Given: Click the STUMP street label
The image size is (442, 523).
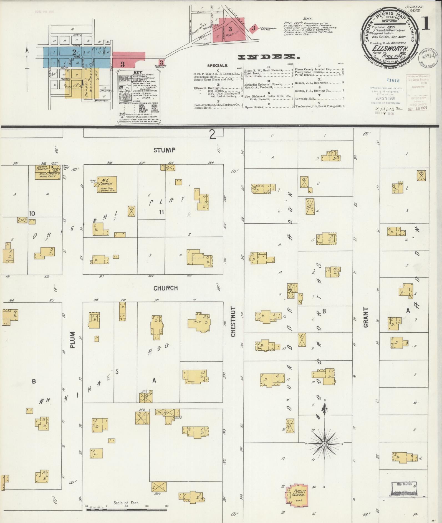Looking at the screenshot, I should (x=165, y=150).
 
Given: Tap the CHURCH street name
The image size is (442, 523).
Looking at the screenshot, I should (x=166, y=288).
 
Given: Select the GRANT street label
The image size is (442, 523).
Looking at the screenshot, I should (x=366, y=317).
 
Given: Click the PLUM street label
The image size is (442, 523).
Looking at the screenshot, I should (x=73, y=340).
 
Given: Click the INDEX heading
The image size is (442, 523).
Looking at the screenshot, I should (x=269, y=57).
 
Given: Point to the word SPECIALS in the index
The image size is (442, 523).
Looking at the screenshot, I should (x=218, y=66).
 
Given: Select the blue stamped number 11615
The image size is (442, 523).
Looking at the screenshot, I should (x=393, y=81).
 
